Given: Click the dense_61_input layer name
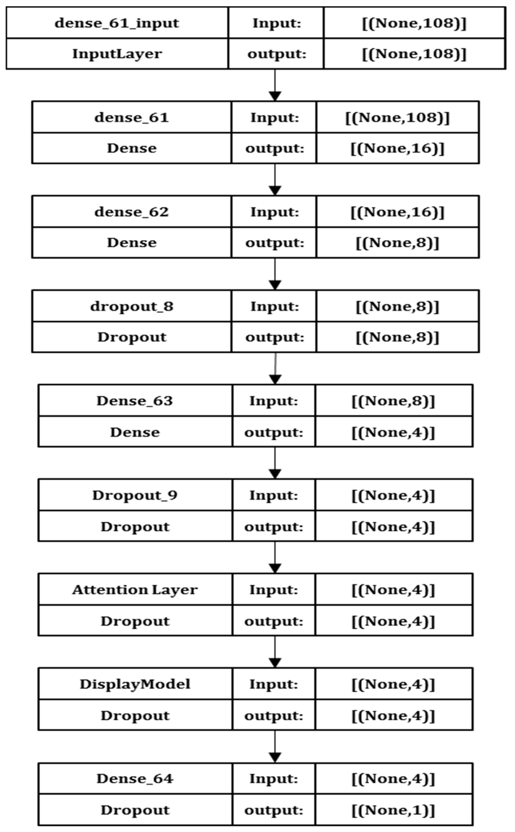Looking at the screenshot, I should pos(117,23).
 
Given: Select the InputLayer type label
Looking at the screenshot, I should pos(117,54).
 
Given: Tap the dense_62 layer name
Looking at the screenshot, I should pos(132,212).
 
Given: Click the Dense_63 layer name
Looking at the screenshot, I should pos(135,401).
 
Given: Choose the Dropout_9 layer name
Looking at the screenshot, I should pos(135,495).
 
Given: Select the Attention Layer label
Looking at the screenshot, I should pos(135,590).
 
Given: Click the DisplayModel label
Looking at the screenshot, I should pos(135,684).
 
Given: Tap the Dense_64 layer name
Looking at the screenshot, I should pos(135,778).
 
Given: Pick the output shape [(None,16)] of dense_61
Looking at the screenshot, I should pos(397,148).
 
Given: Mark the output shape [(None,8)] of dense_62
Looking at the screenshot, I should pos(397,242).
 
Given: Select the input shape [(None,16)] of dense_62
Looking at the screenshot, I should pos(397,212).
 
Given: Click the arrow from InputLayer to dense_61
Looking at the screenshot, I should pos(275,85).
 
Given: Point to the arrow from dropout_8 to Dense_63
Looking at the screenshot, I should pos(275,369).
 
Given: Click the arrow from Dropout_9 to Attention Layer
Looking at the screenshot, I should pos(275,557).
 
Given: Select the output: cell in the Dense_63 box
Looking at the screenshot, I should pos(274,432).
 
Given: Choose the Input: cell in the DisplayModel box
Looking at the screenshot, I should pos(274,684).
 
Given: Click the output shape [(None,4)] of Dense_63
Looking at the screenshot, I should pos(393,432).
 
